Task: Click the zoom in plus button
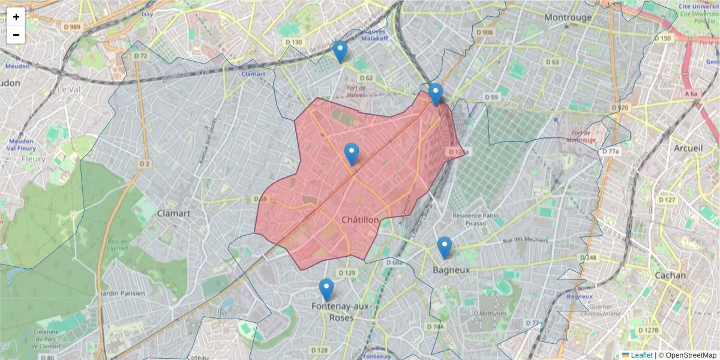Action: tap(16, 17)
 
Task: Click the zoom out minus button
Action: tap(16, 35)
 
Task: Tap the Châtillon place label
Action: tap(360, 220)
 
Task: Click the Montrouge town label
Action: tap(568, 17)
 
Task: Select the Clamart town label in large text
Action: tap(173, 213)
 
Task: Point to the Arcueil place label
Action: tap(688, 148)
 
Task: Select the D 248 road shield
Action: tap(589, 257)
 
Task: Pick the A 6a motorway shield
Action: tap(692, 94)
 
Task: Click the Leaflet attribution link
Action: tap(641, 355)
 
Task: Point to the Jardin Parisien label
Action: tap(123, 293)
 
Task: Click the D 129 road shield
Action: tap(347, 273)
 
